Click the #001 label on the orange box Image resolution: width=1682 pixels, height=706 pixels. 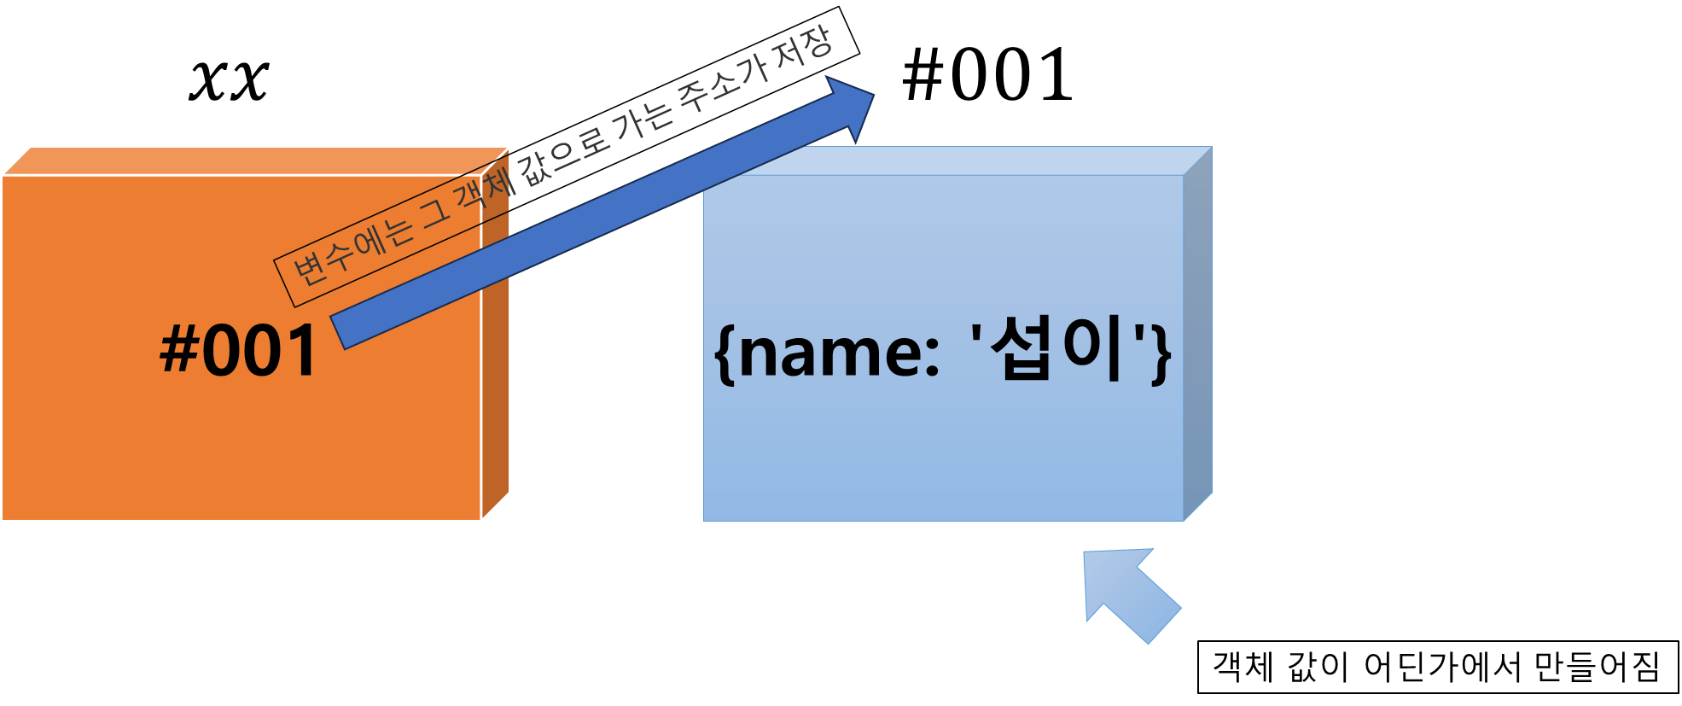click(x=239, y=351)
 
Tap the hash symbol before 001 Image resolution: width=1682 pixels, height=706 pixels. click(x=179, y=350)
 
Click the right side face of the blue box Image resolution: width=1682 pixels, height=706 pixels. click(x=1197, y=333)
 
